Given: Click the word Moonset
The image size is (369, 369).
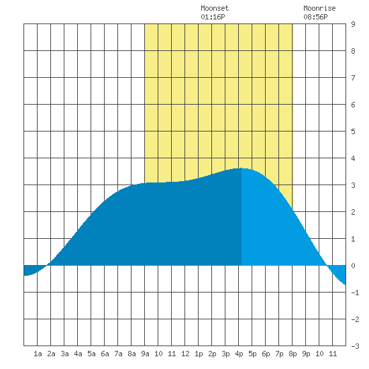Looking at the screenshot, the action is point(215,8).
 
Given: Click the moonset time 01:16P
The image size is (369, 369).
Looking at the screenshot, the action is point(213,17).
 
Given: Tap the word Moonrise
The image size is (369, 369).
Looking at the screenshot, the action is point(319,8).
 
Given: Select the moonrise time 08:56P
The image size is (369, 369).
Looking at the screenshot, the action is point(315,17).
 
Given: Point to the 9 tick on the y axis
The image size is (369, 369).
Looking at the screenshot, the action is point(353,24).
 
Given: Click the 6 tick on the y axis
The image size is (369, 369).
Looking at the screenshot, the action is point(353,105).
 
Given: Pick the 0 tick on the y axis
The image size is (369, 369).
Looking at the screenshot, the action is point(353,266).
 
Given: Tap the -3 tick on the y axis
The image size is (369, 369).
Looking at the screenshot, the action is point(355,346).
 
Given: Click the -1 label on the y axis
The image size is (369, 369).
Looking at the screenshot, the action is point(355,293).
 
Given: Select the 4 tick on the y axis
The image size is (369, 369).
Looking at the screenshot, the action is point(353,158).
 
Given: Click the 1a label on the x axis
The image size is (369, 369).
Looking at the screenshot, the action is point(38,354).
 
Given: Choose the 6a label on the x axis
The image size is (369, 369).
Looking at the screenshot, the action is point(105,354).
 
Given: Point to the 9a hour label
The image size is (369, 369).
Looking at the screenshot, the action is point(145,354).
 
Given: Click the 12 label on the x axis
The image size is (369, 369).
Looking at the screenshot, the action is point(185,354).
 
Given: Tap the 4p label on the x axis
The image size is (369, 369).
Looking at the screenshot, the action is point(239,354).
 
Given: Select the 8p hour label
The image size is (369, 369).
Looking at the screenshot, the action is point(293,354).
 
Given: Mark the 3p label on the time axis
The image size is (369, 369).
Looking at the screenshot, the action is point(225,354).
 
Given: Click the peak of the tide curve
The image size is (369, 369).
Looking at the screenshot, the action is point(242,168).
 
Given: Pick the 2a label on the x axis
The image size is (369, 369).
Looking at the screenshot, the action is point(51,354).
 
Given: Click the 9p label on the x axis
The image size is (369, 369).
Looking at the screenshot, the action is point(306,354).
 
